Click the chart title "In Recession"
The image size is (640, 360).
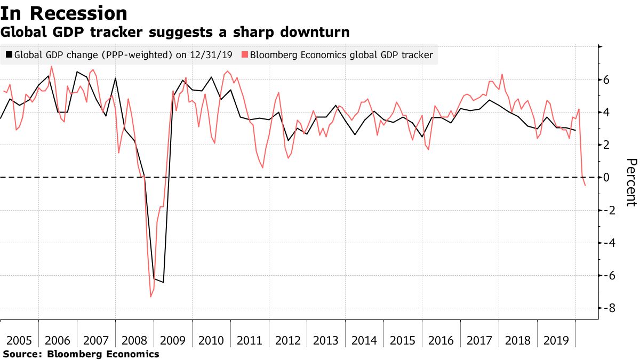[x=64, y=13]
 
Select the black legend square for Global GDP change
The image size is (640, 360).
[x=9, y=55]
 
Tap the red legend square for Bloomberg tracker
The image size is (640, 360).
[x=245, y=55]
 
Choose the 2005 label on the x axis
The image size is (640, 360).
[x=19, y=341]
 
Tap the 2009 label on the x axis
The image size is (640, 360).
[x=173, y=341]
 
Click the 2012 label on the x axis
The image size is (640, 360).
[x=288, y=341]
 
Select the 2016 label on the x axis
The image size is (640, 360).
[x=442, y=341]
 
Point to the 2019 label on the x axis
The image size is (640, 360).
[x=557, y=341]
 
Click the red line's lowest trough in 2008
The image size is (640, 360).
[x=151, y=297]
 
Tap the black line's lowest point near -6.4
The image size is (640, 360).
[x=163, y=282]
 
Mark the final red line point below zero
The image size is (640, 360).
[x=586, y=186]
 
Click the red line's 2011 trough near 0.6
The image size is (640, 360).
[x=262, y=167]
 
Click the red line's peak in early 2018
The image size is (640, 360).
[x=502, y=74]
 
